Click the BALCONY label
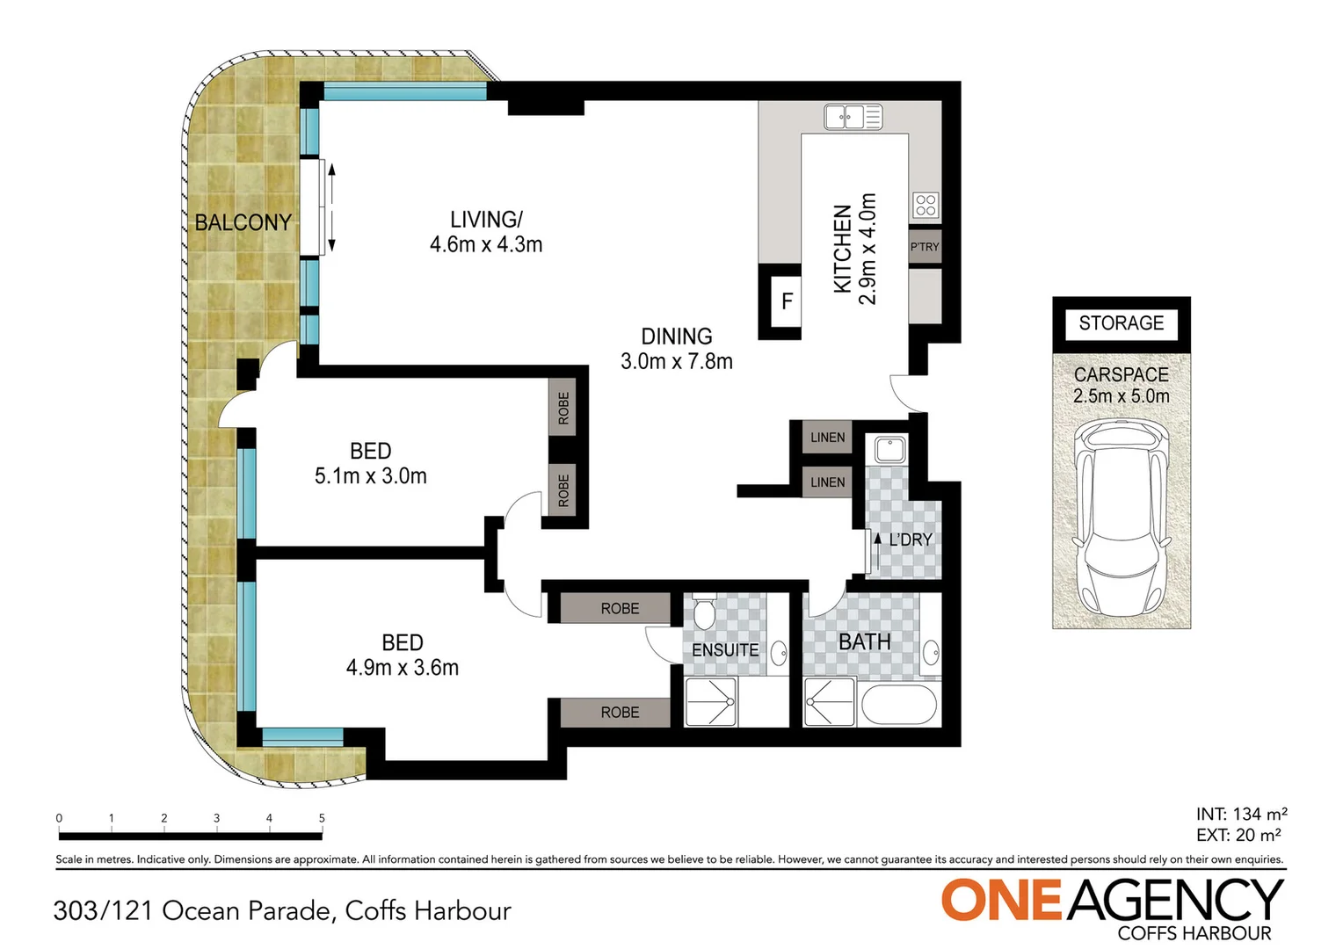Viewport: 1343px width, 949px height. [x=243, y=223]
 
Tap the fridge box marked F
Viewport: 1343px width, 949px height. [x=787, y=301]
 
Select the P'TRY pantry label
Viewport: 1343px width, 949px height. [x=925, y=247]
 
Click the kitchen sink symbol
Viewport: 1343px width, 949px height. [x=853, y=116]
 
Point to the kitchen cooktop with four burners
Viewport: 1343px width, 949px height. [x=926, y=205]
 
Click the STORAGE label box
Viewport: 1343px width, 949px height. [x=1121, y=323]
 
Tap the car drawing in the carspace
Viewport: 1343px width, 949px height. [x=1122, y=518]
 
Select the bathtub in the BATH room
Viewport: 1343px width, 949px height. [x=899, y=705]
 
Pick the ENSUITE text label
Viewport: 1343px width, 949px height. [x=725, y=650]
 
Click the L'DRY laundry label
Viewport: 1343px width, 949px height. [x=910, y=540]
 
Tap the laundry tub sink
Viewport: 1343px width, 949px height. [x=889, y=449]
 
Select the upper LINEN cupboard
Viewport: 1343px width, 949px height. [x=827, y=437]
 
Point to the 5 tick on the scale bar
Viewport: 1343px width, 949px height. [x=322, y=819]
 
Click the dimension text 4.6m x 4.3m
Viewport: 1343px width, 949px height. [x=486, y=245]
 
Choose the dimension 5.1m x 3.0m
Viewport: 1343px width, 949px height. [x=371, y=476]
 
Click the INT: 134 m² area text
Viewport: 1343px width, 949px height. [x=1241, y=814]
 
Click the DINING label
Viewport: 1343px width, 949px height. [x=676, y=337]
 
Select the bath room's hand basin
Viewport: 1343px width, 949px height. [x=930, y=653]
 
